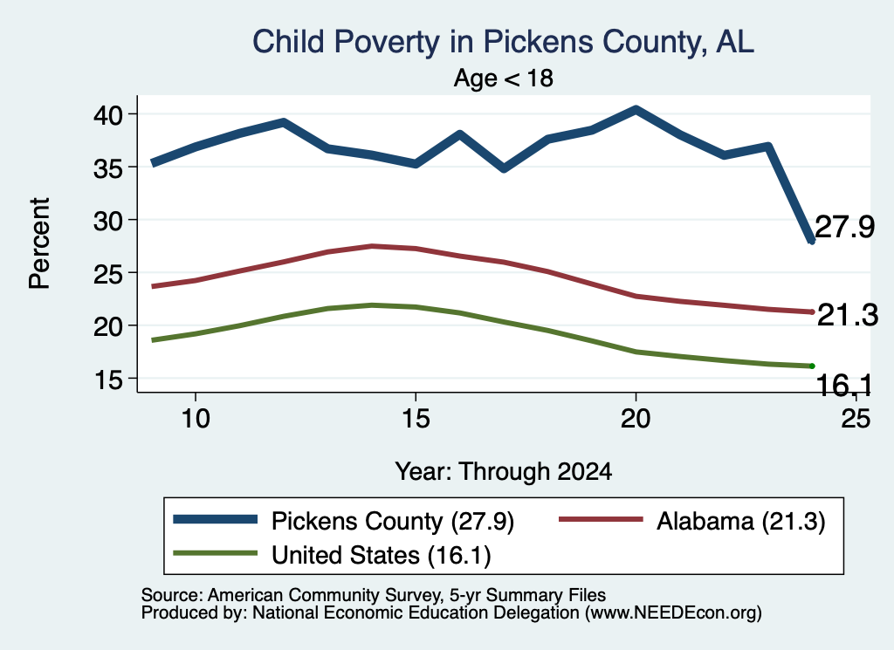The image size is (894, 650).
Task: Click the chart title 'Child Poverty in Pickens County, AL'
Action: (x=504, y=42)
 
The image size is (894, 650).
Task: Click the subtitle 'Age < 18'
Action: (x=504, y=78)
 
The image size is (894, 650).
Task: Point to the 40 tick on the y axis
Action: (x=108, y=116)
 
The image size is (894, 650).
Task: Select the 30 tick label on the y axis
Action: (x=108, y=221)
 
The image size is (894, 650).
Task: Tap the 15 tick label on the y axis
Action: (x=108, y=380)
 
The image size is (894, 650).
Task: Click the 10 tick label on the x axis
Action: (x=196, y=419)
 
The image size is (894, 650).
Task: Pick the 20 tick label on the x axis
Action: (x=636, y=419)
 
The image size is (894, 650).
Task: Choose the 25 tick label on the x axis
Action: (x=856, y=419)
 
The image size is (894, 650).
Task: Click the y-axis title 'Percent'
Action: (x=40, y=243)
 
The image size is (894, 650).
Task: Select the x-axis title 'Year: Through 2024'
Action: (x=504, y=472)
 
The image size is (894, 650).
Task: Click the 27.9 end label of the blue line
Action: (x=844, y=227)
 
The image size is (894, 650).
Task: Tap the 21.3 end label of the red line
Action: (x=847, y=315)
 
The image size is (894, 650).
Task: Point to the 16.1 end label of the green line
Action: (x=844, y=386)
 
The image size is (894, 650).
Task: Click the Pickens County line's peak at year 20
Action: (x=636, y=109)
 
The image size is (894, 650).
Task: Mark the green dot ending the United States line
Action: (x=812, y=366)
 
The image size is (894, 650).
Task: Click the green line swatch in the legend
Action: (x=216, y=552)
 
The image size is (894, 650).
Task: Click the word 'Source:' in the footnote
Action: (x=172, y=595)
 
